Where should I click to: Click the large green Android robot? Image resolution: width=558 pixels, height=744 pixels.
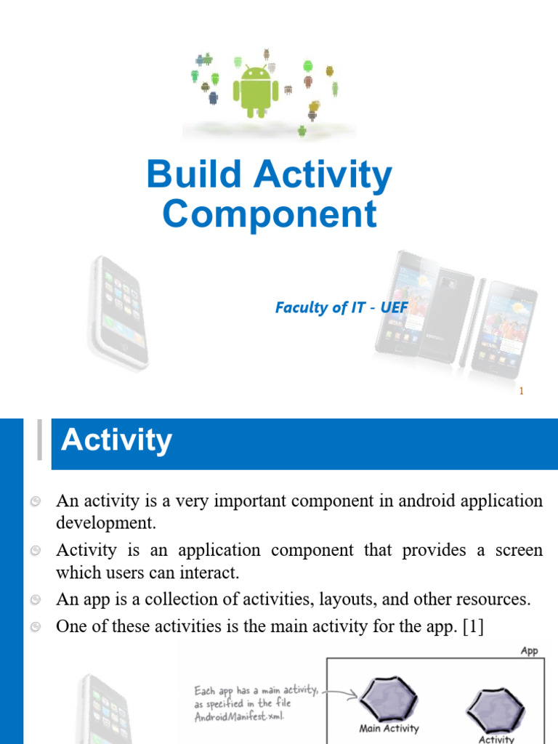coord(251,89)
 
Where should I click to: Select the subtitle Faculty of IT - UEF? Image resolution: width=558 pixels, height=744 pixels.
coord(341,307)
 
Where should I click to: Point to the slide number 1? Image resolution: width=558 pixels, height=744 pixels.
coord(521,392)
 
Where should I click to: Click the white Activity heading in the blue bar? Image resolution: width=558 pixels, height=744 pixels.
coord(116,440)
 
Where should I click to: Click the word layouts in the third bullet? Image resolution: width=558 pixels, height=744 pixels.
coord(365,599)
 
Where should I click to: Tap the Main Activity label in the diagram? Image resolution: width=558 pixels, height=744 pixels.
coord(389,728)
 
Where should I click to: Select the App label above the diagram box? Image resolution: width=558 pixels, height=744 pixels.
coord(529,651)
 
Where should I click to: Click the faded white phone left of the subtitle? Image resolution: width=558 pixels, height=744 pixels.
coord(119,312)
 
